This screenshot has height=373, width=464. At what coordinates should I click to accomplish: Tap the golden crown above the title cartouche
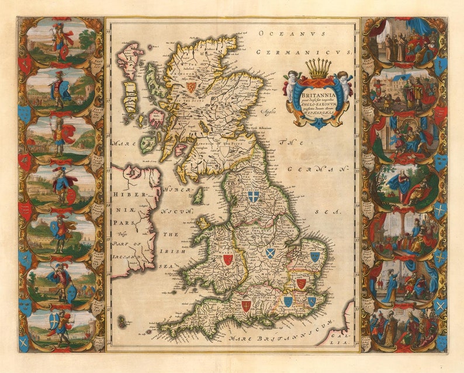[318, 68]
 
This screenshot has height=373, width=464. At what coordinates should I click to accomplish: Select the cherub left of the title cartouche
[291, 85]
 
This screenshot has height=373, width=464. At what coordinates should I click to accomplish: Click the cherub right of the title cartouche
[345, 85]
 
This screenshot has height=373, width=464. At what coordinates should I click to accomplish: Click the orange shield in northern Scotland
[191, 86]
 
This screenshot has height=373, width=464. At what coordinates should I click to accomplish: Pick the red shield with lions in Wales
[227, 259]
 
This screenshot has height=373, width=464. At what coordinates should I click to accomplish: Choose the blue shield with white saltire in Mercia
[270, 253]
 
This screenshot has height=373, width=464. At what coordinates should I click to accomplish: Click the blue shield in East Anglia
[315, 256]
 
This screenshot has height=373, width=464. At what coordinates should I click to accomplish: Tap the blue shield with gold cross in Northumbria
[253, 197]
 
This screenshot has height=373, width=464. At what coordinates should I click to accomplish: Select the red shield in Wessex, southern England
[247, 305]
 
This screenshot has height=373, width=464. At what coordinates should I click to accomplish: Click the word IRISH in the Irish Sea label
[175, 251]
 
